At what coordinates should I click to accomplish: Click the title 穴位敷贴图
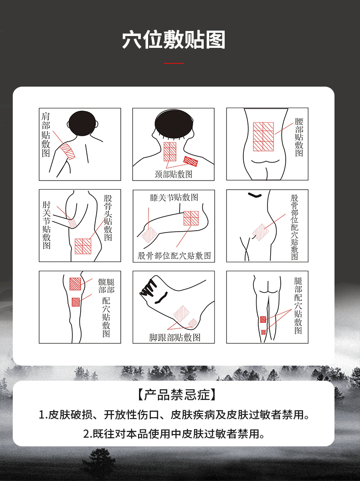point(174,40)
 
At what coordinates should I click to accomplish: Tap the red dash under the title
point(174,63)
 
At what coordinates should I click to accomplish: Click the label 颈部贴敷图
point(174,174)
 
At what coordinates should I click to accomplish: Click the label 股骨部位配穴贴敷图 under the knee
point(175,256)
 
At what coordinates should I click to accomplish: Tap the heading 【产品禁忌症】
point(173,394)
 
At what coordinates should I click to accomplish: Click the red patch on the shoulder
point(68,150)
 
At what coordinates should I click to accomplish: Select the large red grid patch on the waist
point(263,136)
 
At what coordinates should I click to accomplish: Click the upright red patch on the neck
point(170,151)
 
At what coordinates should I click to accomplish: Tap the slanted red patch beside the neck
point(190,160)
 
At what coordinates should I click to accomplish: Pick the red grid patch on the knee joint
point(191,218)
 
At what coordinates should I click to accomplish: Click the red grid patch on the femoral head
point(83,246)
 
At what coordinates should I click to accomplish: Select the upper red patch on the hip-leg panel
point(75,284)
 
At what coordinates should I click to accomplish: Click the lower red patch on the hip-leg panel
point(76,301)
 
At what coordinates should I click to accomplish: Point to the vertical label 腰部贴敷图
point(299,137)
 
